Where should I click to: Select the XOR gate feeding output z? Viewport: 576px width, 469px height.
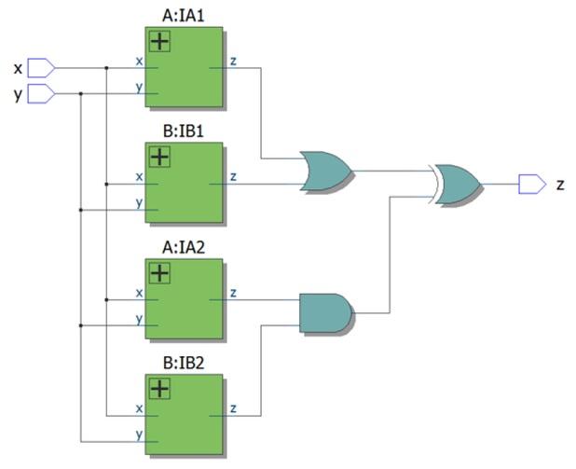tap(457, 183)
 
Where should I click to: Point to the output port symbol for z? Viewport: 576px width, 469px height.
tap(531, 184)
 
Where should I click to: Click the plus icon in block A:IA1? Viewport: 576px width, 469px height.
tap(160, 41)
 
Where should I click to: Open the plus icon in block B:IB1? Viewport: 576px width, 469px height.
tap(160, 157)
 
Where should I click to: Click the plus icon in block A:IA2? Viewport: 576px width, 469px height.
tap(160, 273)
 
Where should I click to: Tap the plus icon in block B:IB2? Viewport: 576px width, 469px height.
tap(160, 389)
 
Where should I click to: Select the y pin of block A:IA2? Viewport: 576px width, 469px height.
tap(139, 319)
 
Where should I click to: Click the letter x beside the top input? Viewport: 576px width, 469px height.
tap(17, 69)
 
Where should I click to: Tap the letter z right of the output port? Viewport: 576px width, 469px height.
tap(560, 185)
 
